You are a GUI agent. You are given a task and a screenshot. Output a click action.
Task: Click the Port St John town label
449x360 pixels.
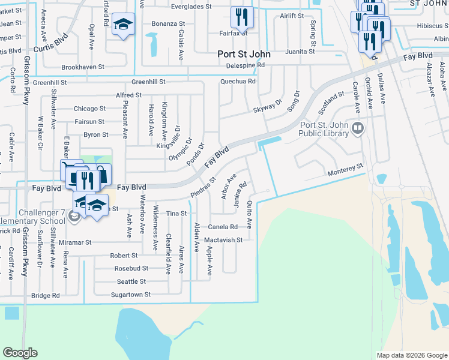pos(244,54)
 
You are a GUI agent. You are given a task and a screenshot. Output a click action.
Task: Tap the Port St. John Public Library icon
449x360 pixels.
pos(358,127)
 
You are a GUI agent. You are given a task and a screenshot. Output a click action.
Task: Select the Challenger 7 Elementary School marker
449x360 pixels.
pos(74,217)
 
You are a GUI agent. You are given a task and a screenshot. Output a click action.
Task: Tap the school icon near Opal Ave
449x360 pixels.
pos(124,24)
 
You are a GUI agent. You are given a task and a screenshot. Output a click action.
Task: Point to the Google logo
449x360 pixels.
pos(20,353)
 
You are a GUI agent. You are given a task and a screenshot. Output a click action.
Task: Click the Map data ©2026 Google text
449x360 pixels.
pos(412,355)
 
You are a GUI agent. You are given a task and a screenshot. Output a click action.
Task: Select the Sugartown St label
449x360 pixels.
pos(131,295)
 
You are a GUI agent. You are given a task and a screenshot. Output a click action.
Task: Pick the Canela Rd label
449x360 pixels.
pos(223,227)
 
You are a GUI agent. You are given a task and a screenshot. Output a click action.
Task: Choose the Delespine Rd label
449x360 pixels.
pos(243,65)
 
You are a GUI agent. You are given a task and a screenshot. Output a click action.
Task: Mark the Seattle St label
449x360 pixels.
pos(131,281)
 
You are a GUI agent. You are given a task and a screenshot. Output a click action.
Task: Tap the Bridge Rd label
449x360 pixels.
pos(46,295)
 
